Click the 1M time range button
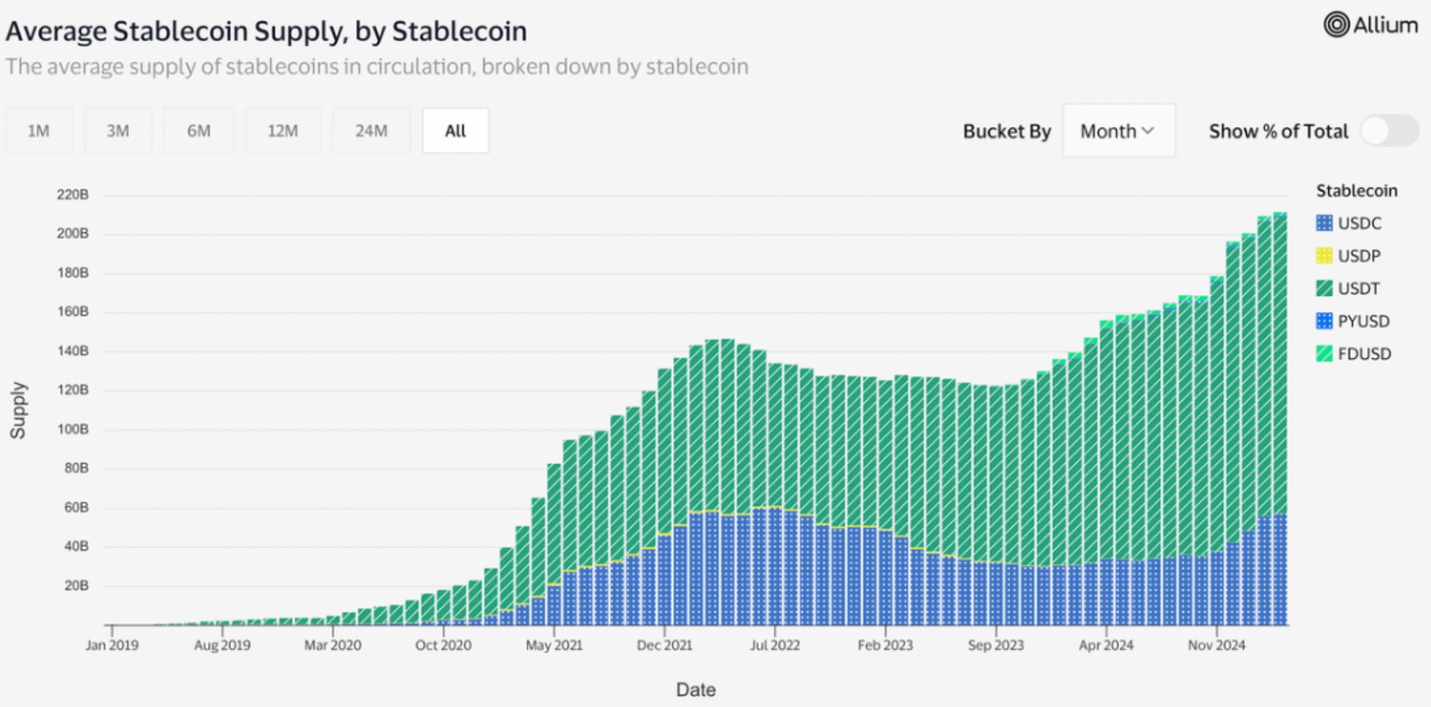point(39,130)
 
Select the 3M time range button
point(118,130)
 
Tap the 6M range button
point(199,130)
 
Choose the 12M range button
point(282,130)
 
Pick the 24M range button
point(371,130)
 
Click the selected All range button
point(456,130)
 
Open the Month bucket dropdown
point(1118,131)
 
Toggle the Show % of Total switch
point(1389,131)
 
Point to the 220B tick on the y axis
point(73,195)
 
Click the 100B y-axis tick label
point(73,430)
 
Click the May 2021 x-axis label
point(554,645)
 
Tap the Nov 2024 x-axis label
point(1216,645)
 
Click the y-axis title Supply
point(18,410)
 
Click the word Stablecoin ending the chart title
point(459,32)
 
